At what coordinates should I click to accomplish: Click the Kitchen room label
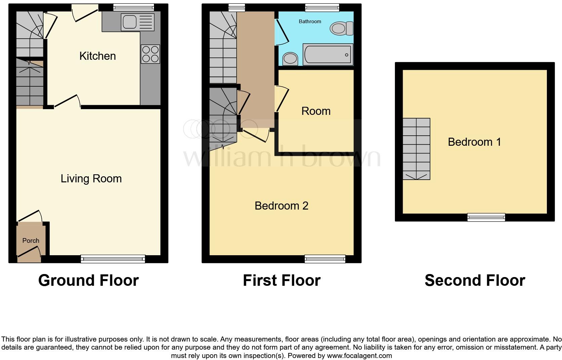click(x=97, y=56)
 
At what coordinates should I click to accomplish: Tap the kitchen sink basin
click(x=129, y=22)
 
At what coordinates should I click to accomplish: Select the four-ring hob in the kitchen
click(x=151, y=54)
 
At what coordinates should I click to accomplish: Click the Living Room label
click(x=91, y=179)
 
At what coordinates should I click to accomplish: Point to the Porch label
click(x=31, y=240)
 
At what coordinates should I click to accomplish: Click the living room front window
click(x=113, y=259)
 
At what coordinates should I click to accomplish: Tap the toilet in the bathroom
click(x=341, y=28)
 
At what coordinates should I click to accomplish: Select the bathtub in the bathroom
click(x=328, y=54)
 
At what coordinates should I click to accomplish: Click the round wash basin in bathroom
click(x=290, y=59)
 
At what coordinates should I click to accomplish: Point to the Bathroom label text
click(x=310, y=21)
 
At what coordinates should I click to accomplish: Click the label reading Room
click(x=316, y=111)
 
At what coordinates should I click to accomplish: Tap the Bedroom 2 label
click(x=281, y=206)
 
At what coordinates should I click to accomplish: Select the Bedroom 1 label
click(x=474, y=142)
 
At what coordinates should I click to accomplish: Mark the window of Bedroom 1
click(x=486, y=217)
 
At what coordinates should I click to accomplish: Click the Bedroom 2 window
click(x=325, y=259)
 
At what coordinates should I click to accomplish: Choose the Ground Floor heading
click(x=88, y=280)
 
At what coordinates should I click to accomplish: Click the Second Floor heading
click(x=475, y=280)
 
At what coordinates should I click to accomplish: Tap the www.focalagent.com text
click(x=359, y=355)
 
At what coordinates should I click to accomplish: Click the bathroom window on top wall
click(x=322, y=7)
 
